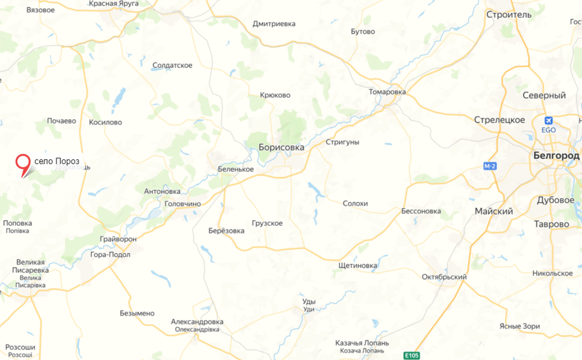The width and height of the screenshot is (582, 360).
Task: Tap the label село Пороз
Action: (57, 161)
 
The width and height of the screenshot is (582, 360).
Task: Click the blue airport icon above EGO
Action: (548, 120)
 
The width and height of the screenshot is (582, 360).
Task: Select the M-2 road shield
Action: (489, 167)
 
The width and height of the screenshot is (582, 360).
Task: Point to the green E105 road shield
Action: (411, 355)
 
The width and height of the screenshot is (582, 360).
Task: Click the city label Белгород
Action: (556, 155)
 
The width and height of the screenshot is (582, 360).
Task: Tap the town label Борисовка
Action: (281, 147)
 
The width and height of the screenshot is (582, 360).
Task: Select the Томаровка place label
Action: (387, 92)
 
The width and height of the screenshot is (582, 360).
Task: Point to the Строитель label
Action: (509, 14)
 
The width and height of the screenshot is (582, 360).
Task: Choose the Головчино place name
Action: (182, 204)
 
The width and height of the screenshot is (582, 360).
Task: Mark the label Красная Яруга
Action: (114, 3)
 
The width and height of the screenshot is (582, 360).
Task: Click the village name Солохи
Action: (355, 203)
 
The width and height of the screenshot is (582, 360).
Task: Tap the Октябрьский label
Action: (444, 277)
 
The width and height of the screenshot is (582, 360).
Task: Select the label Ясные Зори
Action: (519, 326)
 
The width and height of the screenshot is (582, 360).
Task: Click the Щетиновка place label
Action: (358, 265)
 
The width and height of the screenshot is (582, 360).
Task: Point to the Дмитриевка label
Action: (274, 24)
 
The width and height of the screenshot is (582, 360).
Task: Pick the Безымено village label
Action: (137, 313)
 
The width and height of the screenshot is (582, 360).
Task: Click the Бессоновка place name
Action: (421, 211)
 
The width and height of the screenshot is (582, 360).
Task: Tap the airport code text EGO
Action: (548, 130)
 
